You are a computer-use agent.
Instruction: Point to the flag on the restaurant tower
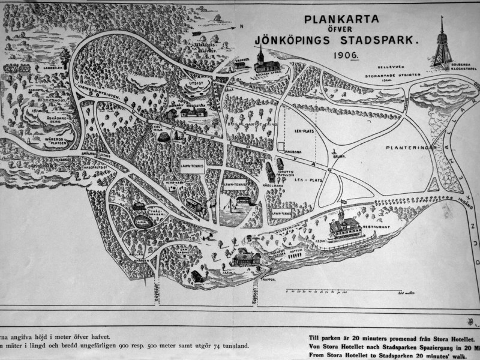click(344, 202)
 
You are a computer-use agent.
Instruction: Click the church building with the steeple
click(261, 61)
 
